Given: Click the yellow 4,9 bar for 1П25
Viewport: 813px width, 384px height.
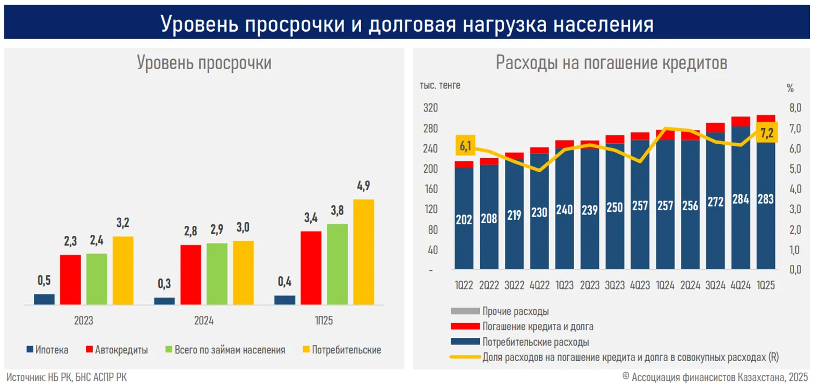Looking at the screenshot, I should tap(363, 252).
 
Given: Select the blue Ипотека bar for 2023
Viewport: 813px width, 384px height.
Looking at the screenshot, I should tap(44, 299).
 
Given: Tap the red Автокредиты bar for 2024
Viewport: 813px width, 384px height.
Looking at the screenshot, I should tap(191, 275).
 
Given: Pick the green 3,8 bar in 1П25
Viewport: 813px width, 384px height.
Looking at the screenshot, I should tap(337, 264).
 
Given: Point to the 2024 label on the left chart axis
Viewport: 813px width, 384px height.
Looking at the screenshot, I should tap(203, 321).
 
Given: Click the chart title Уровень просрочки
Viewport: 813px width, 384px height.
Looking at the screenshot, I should tap(204, 63).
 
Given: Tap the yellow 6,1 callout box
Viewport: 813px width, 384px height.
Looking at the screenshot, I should tap(465, 145).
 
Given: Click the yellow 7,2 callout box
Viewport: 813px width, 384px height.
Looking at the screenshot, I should tap(767, 133).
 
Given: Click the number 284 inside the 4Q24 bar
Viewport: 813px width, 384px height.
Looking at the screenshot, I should tap(741, 199).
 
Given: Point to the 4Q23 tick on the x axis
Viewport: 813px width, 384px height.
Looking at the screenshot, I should tap(640, 286).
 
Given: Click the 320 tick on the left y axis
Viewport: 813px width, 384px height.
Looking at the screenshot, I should tap(431, 108).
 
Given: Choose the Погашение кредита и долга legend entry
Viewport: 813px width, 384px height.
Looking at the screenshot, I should tap(537, 326).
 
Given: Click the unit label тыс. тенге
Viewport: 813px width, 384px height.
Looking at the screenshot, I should tap(440, 85).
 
